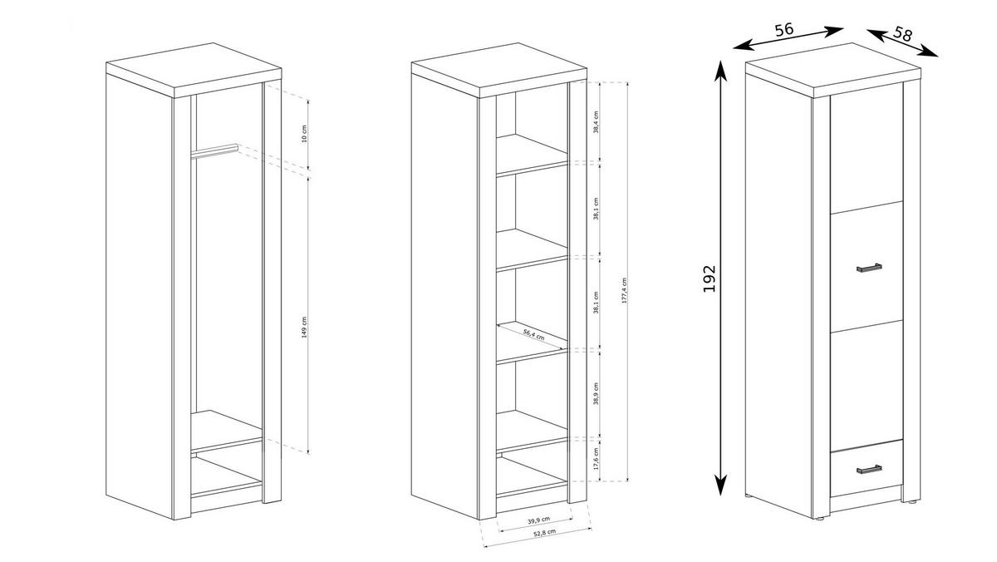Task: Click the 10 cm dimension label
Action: (305, 133)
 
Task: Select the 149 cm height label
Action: (305, 328)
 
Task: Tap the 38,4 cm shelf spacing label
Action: (597, 121)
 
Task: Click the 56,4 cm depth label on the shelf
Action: (533, 335)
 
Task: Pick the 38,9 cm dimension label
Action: (597, 393)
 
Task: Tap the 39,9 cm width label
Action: (540, 521)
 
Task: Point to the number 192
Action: (709, 278)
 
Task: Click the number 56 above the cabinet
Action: (783, 29)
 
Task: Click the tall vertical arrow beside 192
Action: (721, 278)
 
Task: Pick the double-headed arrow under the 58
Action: (902, 43)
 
